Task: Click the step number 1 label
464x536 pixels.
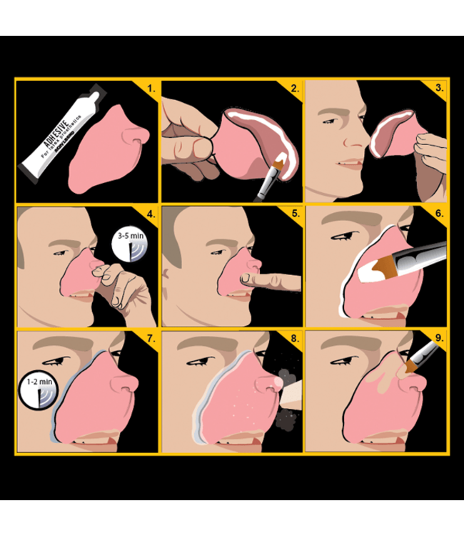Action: (x=149, y=90)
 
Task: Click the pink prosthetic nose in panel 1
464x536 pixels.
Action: (x=107, y=150)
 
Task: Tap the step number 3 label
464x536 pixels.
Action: (x=438, y=90)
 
